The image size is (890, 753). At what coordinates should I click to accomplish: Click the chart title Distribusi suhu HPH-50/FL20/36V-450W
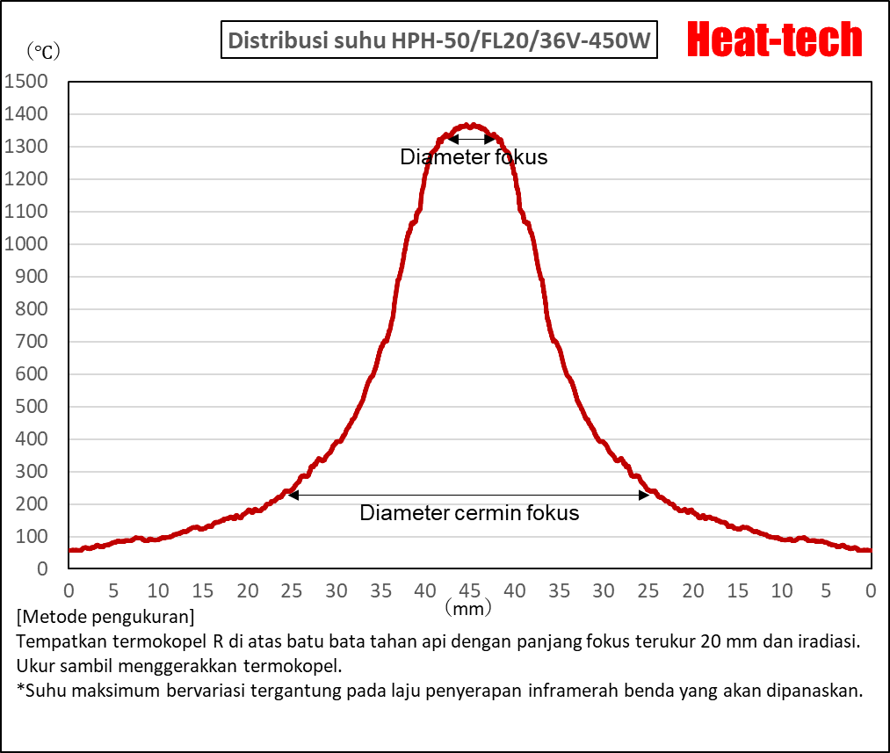(x=438, y=41)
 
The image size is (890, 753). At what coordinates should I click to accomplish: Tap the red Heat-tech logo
(x=774, y=40)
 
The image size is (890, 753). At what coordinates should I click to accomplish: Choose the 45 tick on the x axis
(x=470, y=590)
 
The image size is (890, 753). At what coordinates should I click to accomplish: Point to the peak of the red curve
(x=472, y=126)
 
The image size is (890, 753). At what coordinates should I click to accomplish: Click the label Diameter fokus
(x=474, y=157)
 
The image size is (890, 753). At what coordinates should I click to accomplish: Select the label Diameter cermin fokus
(x=469, y=513)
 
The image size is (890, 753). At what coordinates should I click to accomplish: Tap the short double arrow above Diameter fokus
(x=471, y=139)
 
